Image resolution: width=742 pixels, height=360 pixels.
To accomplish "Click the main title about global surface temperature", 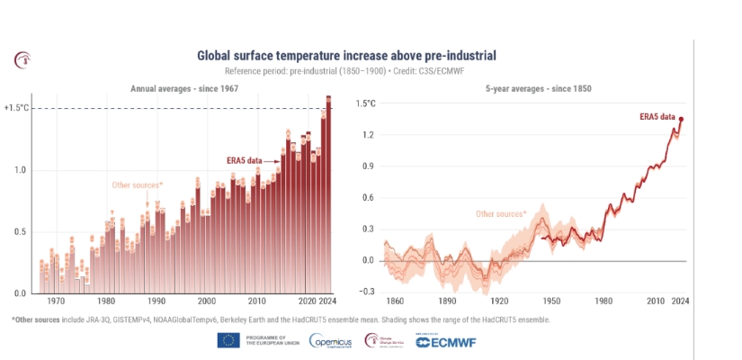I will pos(346,56).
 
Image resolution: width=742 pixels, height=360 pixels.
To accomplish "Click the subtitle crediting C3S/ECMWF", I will pos(346,71).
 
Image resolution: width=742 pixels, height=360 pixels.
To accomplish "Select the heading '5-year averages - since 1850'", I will pos(537,89).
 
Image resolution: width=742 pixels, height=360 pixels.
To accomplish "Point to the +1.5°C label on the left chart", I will pos(17,108).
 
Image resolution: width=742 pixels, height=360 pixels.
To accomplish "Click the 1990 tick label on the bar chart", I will pos(157,301).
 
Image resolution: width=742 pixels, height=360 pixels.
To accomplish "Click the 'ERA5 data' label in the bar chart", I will pos(244,160).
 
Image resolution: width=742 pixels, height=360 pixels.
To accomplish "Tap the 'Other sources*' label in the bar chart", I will pos(137,185).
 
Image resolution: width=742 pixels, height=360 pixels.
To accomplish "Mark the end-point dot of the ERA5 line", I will pos(681,119).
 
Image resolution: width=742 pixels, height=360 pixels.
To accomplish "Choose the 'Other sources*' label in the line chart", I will pos(501,214).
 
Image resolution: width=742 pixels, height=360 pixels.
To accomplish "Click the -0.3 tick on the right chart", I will pos(365,292).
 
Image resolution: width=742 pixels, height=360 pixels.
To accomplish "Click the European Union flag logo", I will pos(228,340).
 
